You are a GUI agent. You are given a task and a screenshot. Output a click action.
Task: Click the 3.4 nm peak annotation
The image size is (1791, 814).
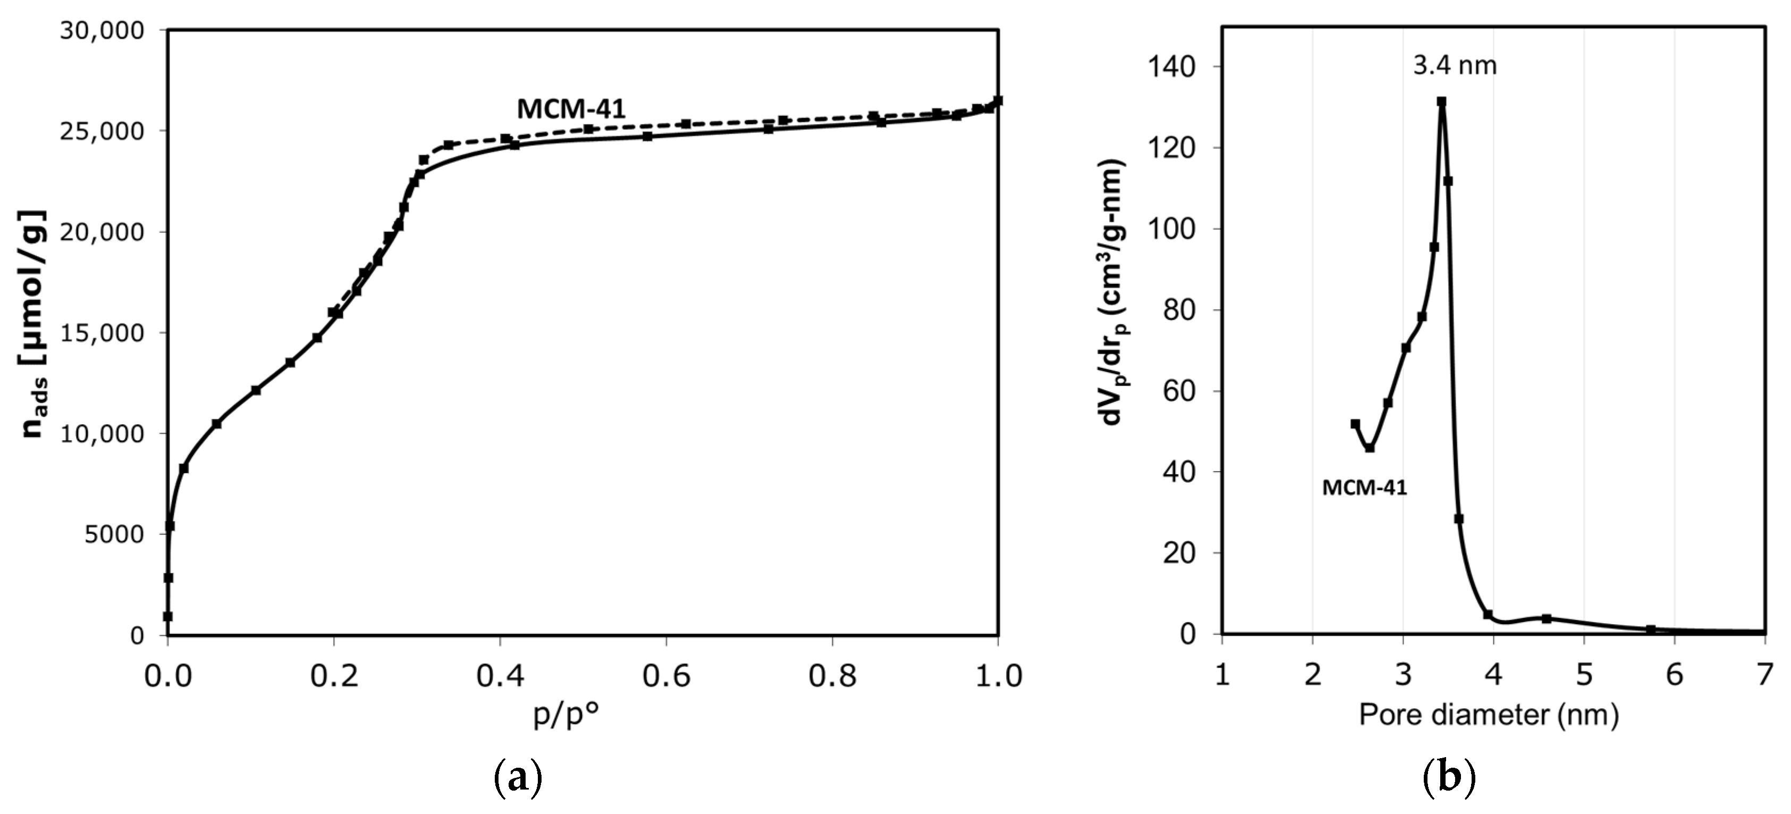(x=1455, y=66)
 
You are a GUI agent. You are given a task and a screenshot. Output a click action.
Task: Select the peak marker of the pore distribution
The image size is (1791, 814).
(x=1441, y=102)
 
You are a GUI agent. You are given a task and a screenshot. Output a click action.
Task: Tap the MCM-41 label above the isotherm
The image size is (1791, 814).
(x=571, y=108)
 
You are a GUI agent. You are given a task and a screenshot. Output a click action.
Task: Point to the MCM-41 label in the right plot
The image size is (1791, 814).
(x=1364, y=488)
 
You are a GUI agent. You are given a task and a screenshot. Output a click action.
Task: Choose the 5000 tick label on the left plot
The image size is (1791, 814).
(x=114, y=534)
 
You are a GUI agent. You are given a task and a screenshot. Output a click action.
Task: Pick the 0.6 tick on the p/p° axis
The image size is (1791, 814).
(x=666, y=676)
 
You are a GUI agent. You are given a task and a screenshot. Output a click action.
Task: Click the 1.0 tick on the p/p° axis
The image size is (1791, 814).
(x=998, y=676)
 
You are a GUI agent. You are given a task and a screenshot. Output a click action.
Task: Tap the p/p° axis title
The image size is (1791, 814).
(x=565, y=715)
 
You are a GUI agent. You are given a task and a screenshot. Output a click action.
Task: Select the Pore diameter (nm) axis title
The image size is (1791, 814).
(x=1489, y=715)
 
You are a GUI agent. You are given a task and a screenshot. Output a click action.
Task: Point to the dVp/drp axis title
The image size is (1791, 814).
(x=1113, y=292)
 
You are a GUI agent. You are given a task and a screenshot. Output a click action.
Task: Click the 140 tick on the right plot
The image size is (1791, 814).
(x=1171, y=67)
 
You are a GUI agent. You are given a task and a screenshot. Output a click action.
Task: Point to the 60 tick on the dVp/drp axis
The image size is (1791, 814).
(x=1180, y=391)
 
